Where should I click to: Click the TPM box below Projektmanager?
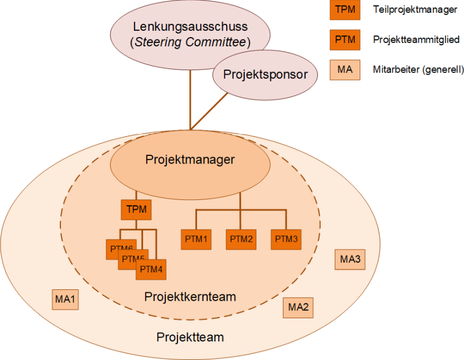point(136,209)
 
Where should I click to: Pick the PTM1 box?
point(196,239)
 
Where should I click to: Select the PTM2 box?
point(241,239)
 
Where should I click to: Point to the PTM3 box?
point(286,239)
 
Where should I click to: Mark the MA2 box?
point(298,307)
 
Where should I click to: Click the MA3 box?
point(350,259)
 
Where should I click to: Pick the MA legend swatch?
point(345,70)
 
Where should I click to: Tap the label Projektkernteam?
point(190,297)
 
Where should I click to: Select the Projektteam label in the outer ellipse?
point(190,337)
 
